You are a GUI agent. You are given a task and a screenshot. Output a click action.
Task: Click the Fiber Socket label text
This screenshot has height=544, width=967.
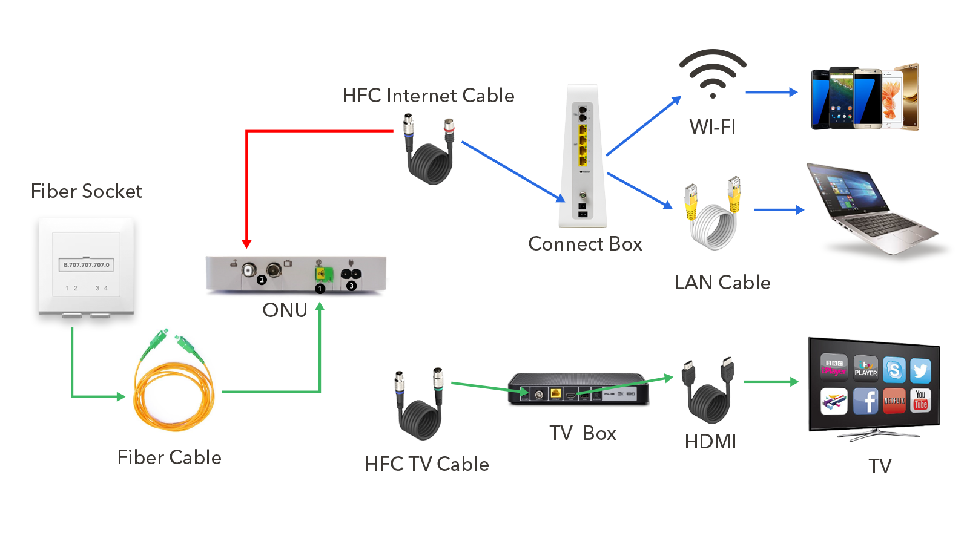[x=86, y=191]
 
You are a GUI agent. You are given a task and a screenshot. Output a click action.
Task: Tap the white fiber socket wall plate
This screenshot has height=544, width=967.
[x=86, y=266]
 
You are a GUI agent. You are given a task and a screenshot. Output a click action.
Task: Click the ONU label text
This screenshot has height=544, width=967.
[x=285, y=310]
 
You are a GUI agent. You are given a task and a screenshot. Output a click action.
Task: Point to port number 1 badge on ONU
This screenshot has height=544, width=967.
[x=320, y=289]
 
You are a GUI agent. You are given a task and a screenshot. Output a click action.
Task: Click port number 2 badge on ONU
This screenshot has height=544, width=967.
[x=262, y=280]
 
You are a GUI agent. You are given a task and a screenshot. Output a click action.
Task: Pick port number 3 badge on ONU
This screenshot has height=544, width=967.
[x=351, y=286]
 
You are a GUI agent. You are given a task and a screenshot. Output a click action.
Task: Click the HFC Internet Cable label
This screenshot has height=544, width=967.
[x=428, y=96]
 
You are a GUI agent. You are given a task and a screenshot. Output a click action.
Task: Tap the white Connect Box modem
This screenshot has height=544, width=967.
[x=583, y=157]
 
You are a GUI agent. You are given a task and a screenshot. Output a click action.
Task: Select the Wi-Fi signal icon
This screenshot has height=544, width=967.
[x=713, y=73]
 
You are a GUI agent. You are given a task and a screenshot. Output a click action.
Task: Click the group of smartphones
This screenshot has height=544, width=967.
[x=865, y=98]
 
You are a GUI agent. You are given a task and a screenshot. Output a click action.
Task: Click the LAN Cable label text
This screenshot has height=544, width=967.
[x=722, y=283]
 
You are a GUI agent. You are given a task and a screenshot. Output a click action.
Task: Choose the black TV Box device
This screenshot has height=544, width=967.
[x=578, y=389]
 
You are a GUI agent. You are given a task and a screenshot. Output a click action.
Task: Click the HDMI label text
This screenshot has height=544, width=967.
[x=710, y=442]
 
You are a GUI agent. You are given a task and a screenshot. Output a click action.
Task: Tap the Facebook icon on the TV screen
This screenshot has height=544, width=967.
[x=866, y=401]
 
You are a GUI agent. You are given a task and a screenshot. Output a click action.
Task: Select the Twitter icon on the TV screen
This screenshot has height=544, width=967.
[x=920, y=369]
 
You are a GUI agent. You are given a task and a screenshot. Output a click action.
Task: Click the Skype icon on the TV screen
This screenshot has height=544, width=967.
[x=894, y=369]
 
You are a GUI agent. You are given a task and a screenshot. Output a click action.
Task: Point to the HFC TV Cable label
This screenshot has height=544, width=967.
[x=427, y=464]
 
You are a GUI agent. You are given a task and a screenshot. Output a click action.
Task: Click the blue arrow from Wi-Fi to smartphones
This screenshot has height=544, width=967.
[x=771, y=92]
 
